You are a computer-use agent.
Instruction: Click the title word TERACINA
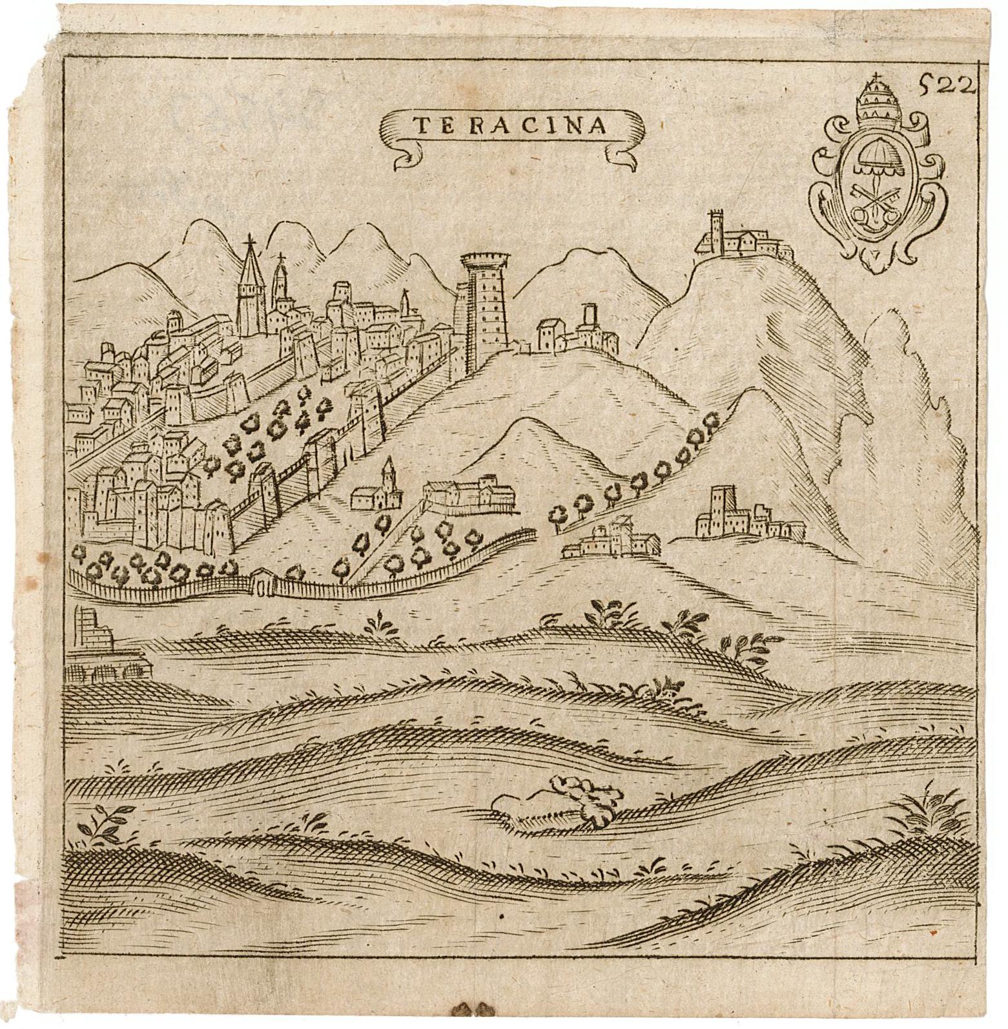[510, 125]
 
